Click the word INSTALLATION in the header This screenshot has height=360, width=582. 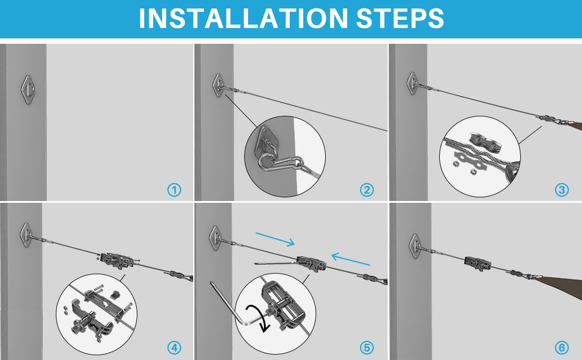click(243, 18)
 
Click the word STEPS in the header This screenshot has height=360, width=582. click(400, 18)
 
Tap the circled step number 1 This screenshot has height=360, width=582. click(175, 190)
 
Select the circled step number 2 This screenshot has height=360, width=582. click(367, 190)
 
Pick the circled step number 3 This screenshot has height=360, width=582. click(562, 190)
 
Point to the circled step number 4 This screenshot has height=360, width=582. click(175, 348)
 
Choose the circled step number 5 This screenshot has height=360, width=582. click(367, 348)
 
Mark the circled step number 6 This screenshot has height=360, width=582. click(562, 348)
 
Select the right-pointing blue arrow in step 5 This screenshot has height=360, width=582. click(275, 239)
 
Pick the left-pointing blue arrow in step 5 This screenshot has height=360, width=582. click(350, 259)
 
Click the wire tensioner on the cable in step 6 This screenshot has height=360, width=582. click(478, 263)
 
